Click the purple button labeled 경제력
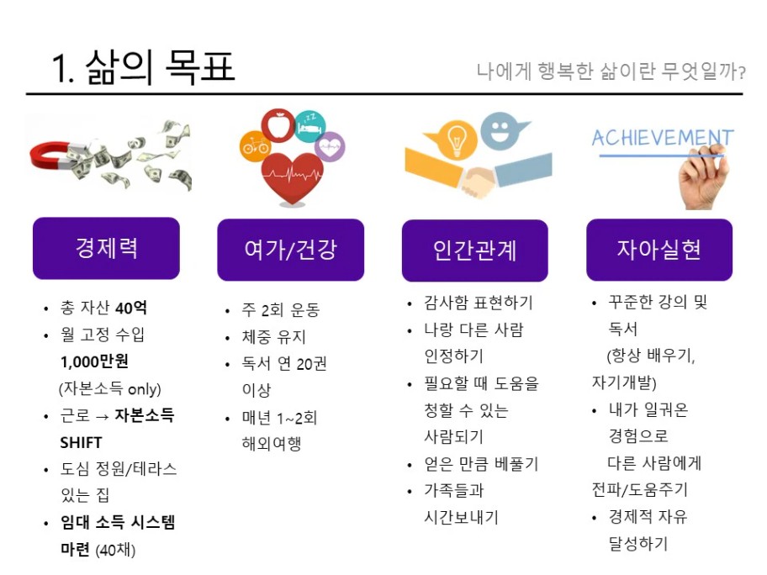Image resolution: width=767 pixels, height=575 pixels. (x=106, y=248)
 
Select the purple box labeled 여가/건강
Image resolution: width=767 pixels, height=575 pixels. (x=290, y=250)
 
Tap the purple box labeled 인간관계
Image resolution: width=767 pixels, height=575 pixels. (x=475, y=251)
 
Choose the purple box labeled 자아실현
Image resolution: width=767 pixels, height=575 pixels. (x=659, y=250)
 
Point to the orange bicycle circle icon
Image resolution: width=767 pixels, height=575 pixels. (x=255, y=145)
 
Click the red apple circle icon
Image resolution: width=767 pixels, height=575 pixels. (x=278, y=125)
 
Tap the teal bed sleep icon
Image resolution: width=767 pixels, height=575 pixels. (x=310, y=127)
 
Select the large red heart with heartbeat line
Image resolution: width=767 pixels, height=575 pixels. (x=292, y=177)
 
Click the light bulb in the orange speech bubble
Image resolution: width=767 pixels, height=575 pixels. (x=456, y=139)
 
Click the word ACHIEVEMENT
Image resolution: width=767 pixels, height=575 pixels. (x=663, y=138)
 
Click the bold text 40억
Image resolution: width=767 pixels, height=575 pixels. (x=131, y=308)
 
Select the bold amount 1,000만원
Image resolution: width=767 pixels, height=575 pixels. (x=94, y=361)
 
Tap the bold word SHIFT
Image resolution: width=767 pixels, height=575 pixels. (x=81, y=442)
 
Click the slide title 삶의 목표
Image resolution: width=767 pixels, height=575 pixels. (x=160, y=66)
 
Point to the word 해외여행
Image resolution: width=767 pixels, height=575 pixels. (x=272, y=444)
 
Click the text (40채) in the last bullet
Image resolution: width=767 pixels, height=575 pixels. (x=115, y=550)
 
